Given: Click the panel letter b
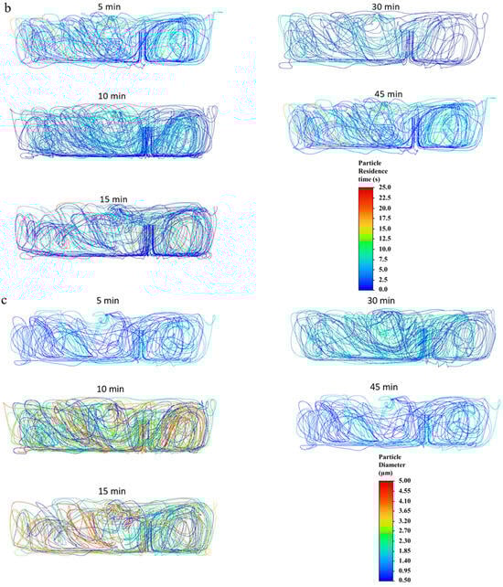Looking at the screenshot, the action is (7, 7).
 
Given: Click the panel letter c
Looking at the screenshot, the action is (5, 301).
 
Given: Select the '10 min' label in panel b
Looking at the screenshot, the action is (112, 96).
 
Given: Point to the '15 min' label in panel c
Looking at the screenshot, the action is (112, 491).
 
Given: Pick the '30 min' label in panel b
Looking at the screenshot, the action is (386, 6).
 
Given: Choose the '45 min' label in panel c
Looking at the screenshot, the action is (384, 387).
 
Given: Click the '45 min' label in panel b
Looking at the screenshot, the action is (389, 94).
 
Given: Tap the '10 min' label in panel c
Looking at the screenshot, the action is (110, 389).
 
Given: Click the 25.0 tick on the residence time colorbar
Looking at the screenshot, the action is (385, 187).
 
